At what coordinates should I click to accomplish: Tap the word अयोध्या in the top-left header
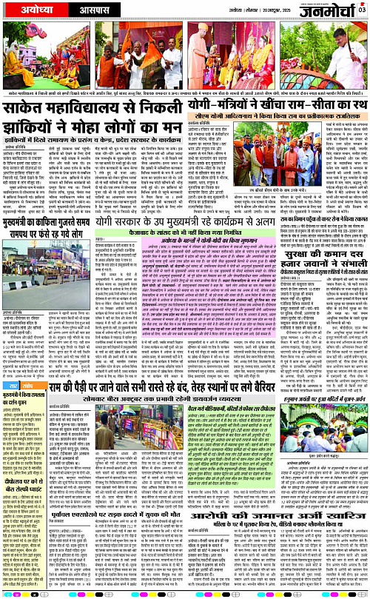(30, 13)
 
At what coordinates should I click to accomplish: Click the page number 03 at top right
(362, 10)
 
